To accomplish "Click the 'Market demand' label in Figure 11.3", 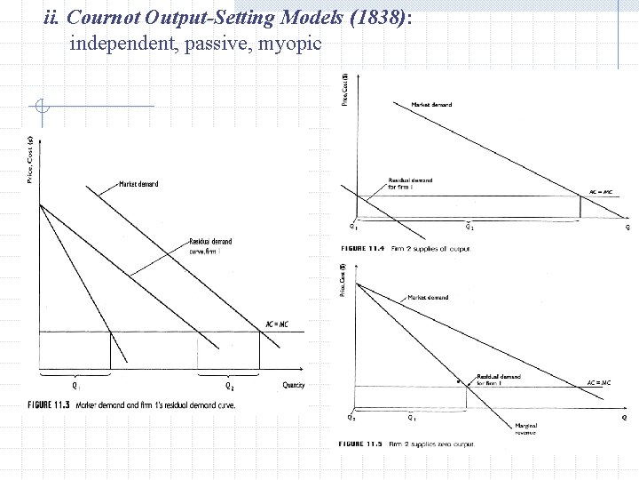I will (x=138, y=184).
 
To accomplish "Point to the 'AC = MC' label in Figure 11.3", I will (x=277, y=324).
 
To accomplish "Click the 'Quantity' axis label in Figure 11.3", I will (x=293, y=385).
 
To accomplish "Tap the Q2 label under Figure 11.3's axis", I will (x=229, y=386).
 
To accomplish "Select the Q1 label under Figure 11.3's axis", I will (x=77, y=386).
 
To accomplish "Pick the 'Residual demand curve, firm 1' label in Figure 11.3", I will (x=209, y=245).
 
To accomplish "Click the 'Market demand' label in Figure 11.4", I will (x=432, y=104).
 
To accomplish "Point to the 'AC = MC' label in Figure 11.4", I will (x=601, y=192).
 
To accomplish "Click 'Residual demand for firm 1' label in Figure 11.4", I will (x=410, y=184).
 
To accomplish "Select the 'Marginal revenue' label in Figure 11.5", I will (x=526, y=428).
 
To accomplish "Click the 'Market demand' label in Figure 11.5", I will (x=428, y=298).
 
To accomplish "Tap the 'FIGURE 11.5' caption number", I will (x=359, y=444).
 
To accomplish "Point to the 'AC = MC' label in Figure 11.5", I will (x=599, y=382).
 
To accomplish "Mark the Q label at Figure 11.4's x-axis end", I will (x=627, y=227).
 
